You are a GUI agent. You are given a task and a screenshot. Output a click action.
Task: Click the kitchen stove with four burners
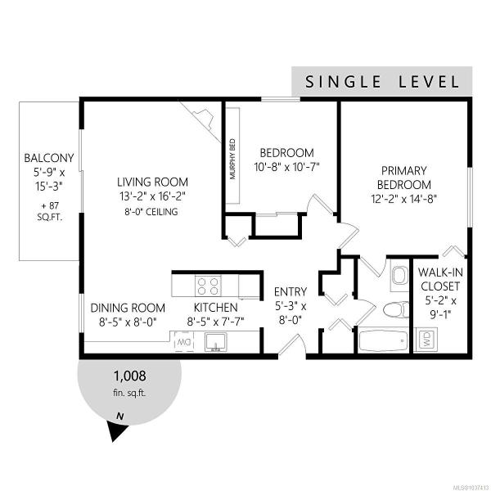point(208,286)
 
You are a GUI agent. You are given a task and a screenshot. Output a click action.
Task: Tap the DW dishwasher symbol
point(184,341)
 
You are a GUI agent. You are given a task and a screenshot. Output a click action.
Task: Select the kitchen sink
point(216,342)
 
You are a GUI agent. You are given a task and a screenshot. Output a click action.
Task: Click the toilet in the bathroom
point(396,309)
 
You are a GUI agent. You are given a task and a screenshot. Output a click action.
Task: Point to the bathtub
point(383,340)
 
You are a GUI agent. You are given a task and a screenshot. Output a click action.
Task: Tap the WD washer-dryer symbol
point(427,340)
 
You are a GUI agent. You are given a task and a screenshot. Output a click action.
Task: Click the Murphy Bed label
point(232,159)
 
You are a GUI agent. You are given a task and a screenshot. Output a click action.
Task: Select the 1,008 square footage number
point(129,376)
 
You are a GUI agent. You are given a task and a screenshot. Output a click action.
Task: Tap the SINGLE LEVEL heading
point(382,82)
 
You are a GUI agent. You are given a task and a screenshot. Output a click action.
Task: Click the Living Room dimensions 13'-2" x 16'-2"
point(152,197)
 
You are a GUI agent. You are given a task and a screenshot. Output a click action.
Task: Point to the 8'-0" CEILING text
point(151,212)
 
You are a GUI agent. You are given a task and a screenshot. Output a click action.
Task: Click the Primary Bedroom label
point(404,178)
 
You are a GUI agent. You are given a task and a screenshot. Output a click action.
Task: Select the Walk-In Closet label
point(440,279)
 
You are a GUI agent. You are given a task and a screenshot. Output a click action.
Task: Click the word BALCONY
point(49,158)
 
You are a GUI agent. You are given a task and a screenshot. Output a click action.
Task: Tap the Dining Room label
point(128,308)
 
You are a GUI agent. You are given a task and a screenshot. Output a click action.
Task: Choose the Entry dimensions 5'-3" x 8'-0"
point(291,313)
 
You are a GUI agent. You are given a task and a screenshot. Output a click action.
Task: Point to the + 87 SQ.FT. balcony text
point(50,211)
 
